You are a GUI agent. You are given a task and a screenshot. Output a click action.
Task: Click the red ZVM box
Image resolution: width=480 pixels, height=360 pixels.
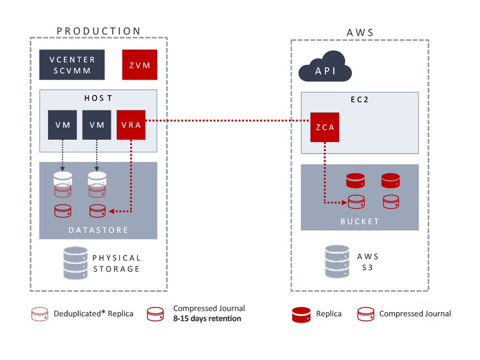[139, 65]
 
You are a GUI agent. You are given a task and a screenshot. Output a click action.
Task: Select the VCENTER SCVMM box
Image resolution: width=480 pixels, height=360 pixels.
[72, 65]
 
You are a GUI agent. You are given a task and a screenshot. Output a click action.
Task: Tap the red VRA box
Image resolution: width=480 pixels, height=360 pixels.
[131, 125]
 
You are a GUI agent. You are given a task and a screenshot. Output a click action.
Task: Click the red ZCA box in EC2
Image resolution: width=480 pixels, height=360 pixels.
[324, 127]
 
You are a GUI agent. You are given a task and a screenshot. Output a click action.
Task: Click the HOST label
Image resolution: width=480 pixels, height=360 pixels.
[98, 98]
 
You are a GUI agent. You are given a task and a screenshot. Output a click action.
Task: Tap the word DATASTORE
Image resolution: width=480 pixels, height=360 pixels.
[98, 230]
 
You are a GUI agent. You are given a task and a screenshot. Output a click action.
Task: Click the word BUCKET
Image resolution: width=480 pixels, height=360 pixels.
[360, 221]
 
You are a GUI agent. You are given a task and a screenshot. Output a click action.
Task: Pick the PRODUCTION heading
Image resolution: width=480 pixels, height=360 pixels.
[99, 31]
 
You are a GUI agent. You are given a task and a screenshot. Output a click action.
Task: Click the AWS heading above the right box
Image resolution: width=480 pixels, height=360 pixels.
[360, 33]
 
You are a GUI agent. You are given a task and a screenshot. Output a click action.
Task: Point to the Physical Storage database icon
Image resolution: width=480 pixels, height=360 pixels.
[75, 263]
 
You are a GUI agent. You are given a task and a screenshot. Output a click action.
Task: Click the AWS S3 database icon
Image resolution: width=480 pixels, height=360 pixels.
[337, 262]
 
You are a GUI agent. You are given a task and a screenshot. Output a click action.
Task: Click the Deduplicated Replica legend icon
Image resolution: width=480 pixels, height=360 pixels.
[39, 314]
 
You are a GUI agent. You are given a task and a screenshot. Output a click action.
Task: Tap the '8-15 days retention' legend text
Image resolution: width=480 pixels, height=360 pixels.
[207, 318]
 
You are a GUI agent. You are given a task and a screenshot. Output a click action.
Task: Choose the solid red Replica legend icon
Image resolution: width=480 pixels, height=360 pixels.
[301, 314]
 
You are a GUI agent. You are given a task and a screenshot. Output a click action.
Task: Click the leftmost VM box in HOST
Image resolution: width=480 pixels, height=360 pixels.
[63, 125]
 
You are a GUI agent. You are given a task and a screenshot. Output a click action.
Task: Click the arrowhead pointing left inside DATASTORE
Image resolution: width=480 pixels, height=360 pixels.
[111, 211]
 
